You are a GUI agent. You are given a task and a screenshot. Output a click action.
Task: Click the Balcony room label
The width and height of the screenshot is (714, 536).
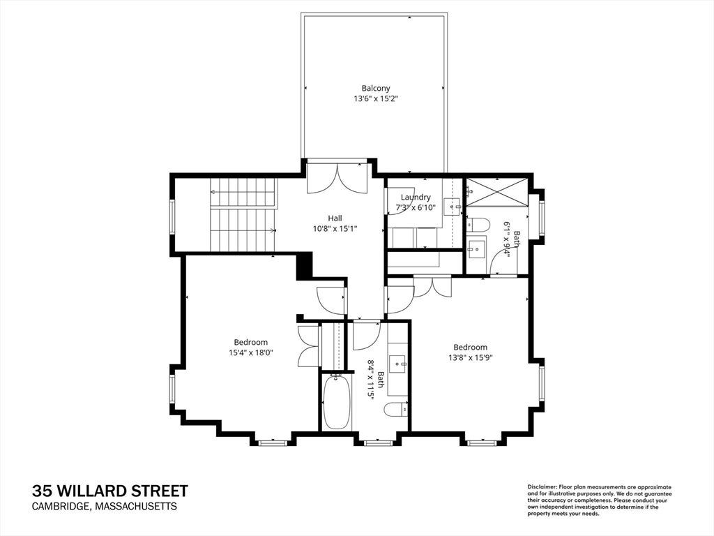click(376, 88)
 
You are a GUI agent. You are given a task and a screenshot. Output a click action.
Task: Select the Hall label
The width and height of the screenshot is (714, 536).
click(335, 218)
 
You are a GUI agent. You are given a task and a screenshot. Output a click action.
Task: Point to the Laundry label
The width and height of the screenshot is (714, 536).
click(416, 198)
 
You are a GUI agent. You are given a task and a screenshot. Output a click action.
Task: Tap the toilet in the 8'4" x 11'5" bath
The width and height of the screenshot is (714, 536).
click(396, 410)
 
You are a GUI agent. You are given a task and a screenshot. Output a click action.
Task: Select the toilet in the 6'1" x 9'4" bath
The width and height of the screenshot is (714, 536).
click(477, 224)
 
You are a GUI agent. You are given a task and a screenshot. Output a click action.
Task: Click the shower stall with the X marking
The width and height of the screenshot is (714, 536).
click(496, 192)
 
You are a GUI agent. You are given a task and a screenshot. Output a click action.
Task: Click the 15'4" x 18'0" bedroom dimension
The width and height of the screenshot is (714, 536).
click(251, 352)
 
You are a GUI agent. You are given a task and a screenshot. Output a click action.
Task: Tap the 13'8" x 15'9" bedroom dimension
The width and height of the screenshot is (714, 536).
click(471, 357)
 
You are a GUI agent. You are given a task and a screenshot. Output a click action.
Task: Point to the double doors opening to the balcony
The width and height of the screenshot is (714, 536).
click(337, 178)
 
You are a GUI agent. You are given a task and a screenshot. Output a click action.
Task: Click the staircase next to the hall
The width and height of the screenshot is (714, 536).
click(243, 214)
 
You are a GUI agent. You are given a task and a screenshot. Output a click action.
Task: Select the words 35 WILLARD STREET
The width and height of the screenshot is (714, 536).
click(109, 491)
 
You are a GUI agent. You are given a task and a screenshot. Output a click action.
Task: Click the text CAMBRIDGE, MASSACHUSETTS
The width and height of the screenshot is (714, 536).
click(105, 507)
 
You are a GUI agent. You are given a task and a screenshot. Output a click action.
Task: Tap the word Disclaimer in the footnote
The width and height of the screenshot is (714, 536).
click(542, 487)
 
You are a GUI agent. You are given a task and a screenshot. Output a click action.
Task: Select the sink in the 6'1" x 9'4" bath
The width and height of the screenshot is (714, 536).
click(476, 248)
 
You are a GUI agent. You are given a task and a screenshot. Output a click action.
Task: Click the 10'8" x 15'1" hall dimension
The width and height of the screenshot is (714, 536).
click(335, 229)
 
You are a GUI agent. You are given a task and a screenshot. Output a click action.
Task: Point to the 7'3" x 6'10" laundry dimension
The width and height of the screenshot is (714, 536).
click(416, 208)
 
